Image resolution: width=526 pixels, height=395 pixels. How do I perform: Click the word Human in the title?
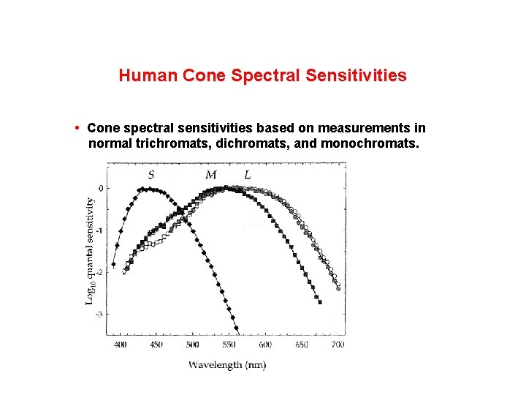142,75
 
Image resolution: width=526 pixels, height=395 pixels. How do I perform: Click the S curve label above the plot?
151,174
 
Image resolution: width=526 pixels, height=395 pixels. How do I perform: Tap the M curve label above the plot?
210,174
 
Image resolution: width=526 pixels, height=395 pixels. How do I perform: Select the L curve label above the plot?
248,174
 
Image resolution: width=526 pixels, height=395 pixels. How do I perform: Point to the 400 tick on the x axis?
121,344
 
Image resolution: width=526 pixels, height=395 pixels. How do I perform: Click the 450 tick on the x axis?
156,344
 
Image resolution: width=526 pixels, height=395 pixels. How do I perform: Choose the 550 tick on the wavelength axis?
229,344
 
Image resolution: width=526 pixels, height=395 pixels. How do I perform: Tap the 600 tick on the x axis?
264,344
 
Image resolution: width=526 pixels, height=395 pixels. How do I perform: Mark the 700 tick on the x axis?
337,344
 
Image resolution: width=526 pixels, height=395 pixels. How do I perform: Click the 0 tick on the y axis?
101,188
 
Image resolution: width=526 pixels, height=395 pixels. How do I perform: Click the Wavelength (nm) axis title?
227,364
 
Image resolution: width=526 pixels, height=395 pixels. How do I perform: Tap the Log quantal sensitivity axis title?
89,251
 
